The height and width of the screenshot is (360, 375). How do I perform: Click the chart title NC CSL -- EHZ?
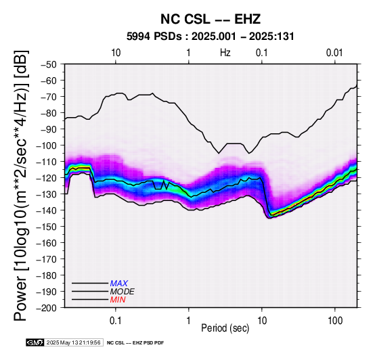click(x=211, y=19)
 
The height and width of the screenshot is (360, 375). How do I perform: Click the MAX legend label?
click(x=119, y=284)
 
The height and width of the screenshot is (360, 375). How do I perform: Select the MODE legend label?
click(x=123, y=292)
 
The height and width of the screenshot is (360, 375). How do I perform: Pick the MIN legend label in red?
click(x=118, y=300)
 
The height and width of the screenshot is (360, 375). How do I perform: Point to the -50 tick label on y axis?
click(x=49, y=64)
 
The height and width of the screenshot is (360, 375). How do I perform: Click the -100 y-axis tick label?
click(x=47, y=145)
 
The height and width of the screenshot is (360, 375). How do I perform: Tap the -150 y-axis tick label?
click(x=47, y=227)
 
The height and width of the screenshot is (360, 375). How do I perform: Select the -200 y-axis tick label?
click(x=47, y=308)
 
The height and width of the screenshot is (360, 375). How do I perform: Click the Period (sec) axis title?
click(x=225, y=328)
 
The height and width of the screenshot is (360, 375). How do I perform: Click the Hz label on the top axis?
click(x=225, y=53)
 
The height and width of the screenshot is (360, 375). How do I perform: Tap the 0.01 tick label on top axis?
click(x=334, y=53)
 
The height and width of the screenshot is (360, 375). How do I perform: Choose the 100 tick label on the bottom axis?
click(x=335, y=321)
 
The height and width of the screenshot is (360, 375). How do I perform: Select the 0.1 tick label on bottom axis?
click(x=116, y=321)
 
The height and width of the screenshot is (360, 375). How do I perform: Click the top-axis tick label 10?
click(x=116, y=53)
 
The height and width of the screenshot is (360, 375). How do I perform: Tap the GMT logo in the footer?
click(x=35, y=342)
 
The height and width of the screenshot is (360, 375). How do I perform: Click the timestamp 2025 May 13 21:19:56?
click(x=73, y=342)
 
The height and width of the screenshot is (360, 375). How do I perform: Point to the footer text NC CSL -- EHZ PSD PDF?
click(x=135, y=343)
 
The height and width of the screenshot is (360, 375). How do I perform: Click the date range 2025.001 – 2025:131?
click(x=243, y=37)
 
